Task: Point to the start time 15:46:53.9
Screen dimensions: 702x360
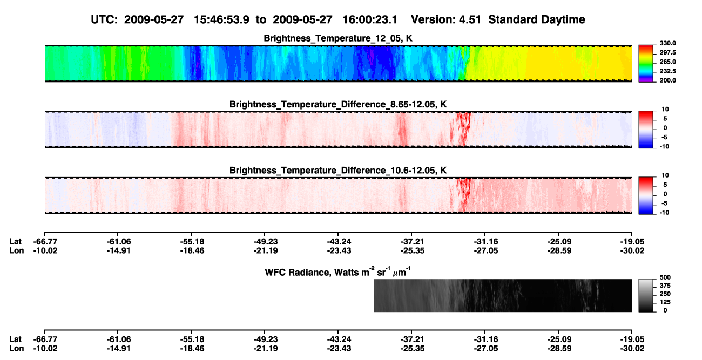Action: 221,20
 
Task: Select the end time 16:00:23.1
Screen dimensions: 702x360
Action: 370,20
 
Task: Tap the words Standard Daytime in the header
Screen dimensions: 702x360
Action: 537,20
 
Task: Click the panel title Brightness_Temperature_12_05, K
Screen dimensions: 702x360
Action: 338,38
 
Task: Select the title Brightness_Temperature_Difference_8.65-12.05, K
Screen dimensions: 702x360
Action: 338,104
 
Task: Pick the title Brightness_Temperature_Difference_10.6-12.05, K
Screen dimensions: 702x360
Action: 338,171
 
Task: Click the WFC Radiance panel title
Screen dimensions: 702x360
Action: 338,272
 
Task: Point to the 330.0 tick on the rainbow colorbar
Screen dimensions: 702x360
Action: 667,43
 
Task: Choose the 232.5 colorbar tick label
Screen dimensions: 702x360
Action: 667,71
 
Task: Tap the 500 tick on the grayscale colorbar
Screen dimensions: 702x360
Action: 665,277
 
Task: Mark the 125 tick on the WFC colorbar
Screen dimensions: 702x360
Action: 665,302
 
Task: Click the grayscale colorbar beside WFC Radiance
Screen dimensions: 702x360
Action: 646,295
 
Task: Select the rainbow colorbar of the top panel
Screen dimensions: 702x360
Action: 646,64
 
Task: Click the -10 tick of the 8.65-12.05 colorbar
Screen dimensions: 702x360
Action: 664,147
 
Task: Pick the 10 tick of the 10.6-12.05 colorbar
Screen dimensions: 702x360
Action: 665,175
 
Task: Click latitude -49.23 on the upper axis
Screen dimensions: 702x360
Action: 266,242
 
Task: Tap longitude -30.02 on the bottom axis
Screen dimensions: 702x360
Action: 632,349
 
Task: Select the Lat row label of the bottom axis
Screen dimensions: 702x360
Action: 15,339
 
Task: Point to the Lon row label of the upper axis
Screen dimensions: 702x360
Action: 16,250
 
